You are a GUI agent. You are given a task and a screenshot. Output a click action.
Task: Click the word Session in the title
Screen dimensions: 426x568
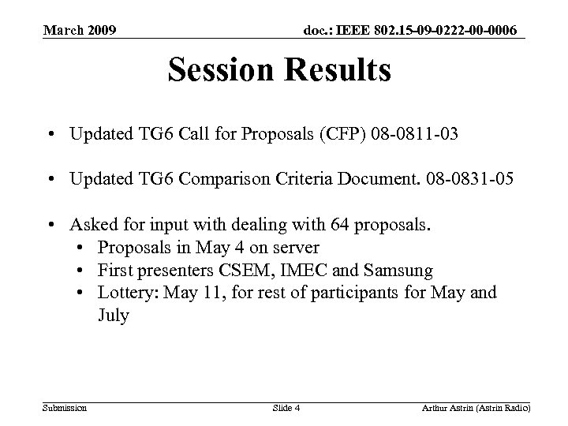(x=218, y=71)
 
